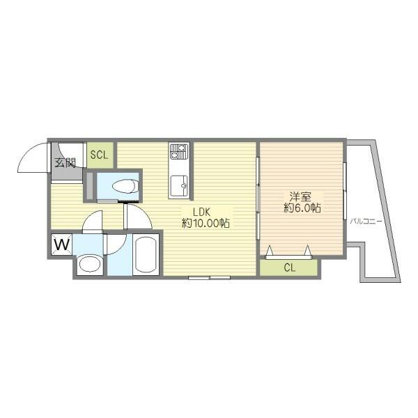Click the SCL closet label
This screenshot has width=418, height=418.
click(x=99, y=155)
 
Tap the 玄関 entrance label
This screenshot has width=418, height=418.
click(x=65, y=162)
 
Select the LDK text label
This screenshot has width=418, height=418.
click(x=202, y=212)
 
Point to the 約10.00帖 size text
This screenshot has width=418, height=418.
click(x=206, y=223)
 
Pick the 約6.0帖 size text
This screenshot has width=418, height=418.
click(x=302, y=208)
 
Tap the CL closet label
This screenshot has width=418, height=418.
click(x=290, y=268)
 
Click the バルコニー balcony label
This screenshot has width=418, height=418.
click(x=366, y=221)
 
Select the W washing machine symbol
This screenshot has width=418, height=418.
click(x=62, y=244)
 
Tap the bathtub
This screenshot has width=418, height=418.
click(x=146, y=254)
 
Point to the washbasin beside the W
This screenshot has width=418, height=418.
click(x=90, y=265)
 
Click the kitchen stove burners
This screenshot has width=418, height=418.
click(x=178, y=151)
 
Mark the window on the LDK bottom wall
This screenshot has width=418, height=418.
click(x=209, y=278)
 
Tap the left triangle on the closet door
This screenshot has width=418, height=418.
click(x=270, y=250)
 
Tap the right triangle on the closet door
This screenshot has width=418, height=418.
click(x=308, y=250)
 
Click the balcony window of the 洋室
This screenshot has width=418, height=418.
click(x=344, y=191)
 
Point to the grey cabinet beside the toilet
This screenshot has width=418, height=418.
click(x=90, y=186)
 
